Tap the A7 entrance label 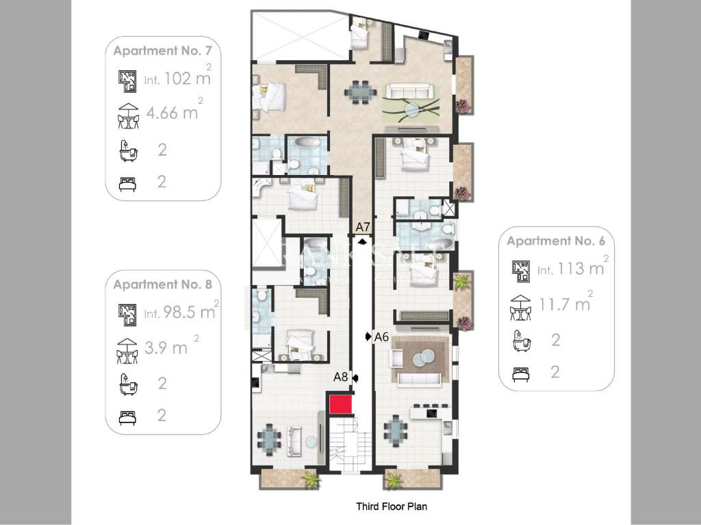(363, 227)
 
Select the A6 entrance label (381, 336)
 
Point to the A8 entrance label (341, 376)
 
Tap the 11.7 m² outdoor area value (565, 304)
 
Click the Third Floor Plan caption (392, 507)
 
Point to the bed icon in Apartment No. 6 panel (521, 373)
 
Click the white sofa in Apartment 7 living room (408, 91)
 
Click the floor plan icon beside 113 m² (521, 270)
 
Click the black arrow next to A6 (368, 336)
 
